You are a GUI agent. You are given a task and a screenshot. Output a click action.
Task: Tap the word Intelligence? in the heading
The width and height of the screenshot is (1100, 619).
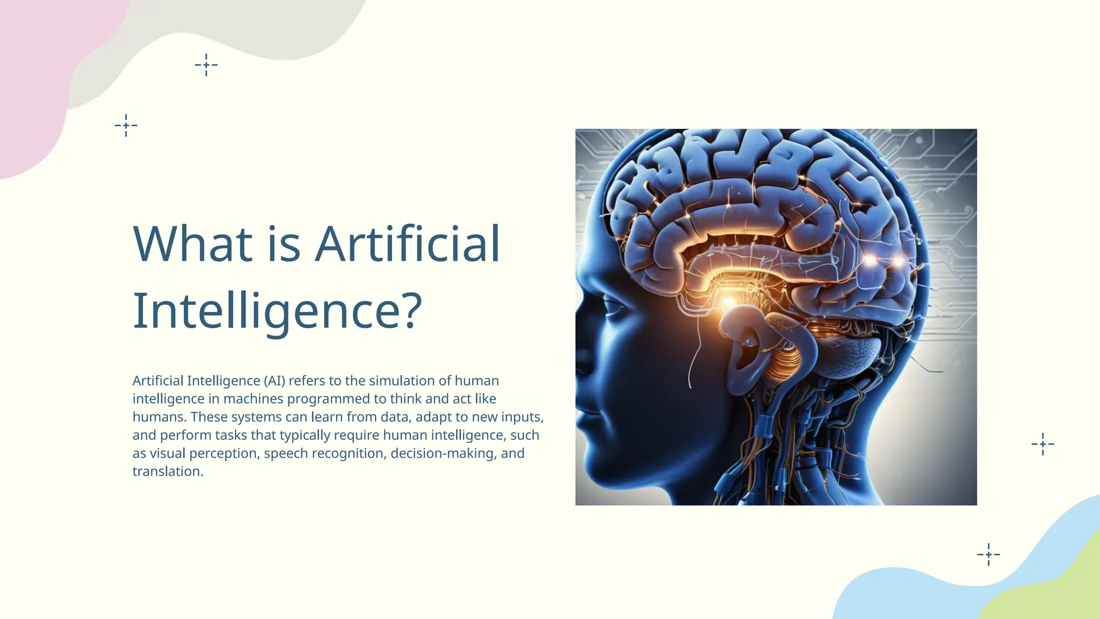click(x=277, y=311)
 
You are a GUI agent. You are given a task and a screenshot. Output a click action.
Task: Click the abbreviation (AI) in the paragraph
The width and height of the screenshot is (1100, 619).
click(x=274, y=381)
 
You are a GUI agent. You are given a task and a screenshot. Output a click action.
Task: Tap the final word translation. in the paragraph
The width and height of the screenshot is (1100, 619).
click(x=168, y=472)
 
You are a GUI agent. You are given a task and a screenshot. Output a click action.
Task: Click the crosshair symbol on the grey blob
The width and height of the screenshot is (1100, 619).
click(x=206, y=65)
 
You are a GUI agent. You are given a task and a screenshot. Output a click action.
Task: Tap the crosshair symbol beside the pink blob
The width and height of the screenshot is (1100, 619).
click(x=126, y=125)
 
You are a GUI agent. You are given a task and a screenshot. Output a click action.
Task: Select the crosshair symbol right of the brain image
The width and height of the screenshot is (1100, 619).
click(x=1043, y=444)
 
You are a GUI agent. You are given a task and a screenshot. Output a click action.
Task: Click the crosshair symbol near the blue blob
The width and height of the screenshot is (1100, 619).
click(x=988, y=554)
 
